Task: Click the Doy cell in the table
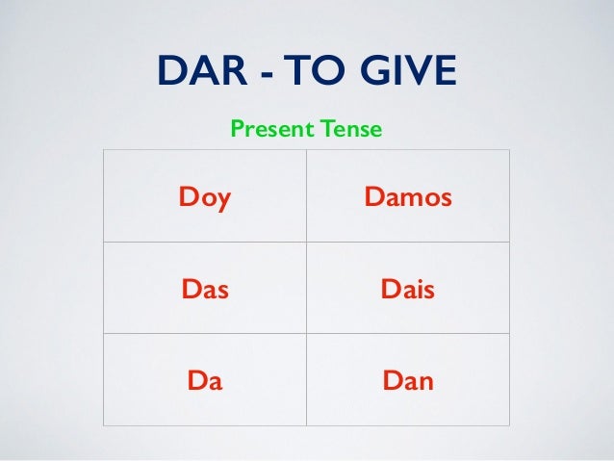pos(205,198)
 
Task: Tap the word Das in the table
pos(204,289)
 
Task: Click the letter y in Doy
pos(225,201)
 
